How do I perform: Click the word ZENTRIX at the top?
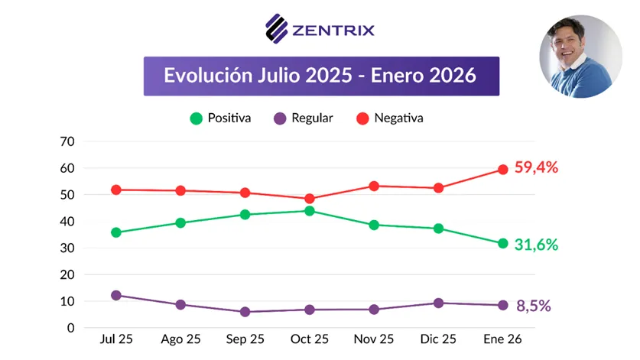click(333, 31)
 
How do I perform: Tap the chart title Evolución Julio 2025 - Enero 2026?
click(320, 76)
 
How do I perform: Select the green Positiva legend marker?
click(197, 118)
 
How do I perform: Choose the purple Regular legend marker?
click(280, 118)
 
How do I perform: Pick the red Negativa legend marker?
click(362, 118)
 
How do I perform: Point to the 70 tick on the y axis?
click(68, 141)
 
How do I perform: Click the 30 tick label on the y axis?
click(68, 248)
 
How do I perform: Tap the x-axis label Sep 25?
click(245, 339)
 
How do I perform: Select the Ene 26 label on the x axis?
click(502, 339)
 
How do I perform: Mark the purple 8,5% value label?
click(532, 306)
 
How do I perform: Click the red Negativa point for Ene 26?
click(503, 170)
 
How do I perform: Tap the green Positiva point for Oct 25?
click(310, 211)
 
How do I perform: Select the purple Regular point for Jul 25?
click(116, 295)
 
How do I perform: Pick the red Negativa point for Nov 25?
click(374, 186)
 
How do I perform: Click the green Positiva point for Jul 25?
click(116, 232)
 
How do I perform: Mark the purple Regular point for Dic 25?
click(438, 303)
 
